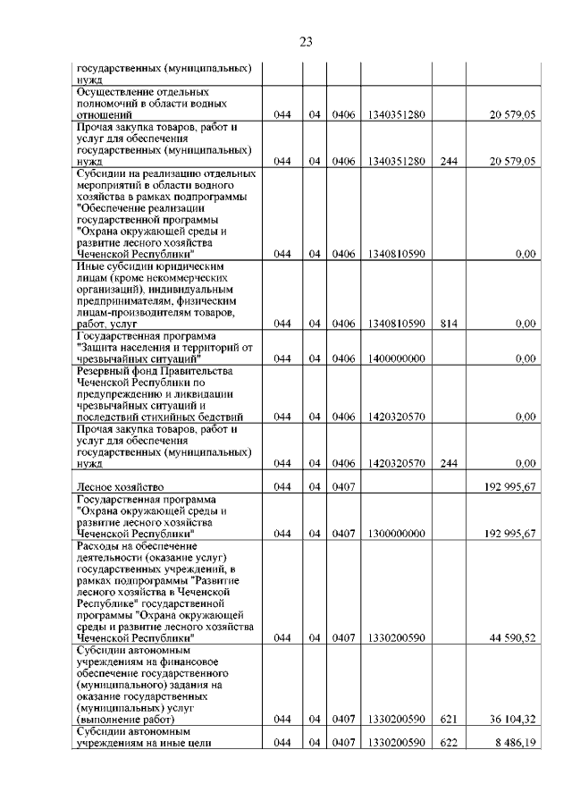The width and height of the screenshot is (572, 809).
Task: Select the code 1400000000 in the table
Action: point(395,358)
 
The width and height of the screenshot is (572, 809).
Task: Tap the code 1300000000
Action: point(395,534)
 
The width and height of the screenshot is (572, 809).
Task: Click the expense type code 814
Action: point(449,324)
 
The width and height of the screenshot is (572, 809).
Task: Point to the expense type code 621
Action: point(449,719)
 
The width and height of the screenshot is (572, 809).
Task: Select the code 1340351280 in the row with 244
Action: point(395,161)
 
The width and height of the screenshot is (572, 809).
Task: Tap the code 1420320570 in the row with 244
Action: point(395,464)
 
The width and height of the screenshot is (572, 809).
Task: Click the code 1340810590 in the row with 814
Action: point(395,324)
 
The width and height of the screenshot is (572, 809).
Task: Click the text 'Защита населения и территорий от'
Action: point(166,348)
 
